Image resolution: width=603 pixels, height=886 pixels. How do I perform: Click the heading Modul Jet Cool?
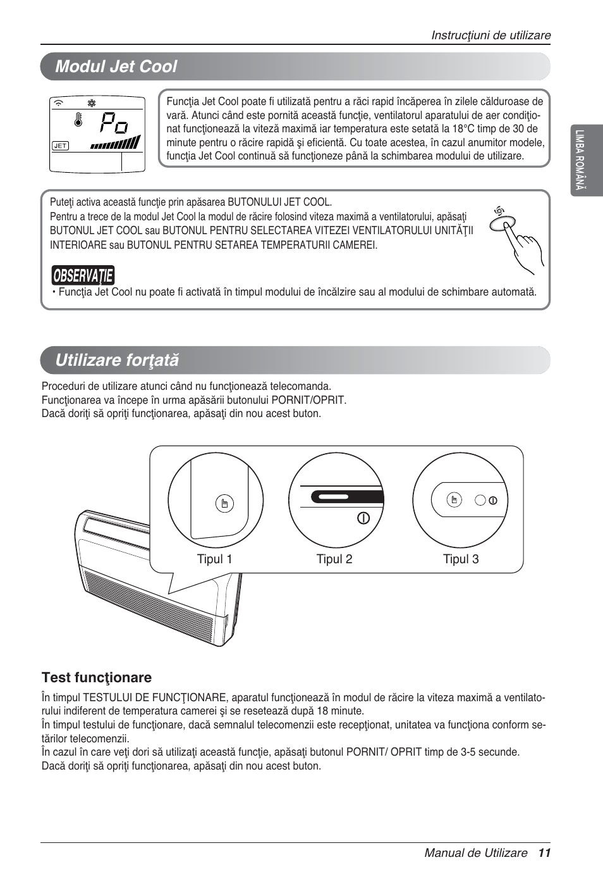tap(116, 66)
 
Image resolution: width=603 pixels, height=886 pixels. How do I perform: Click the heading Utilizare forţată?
tap(117, 360)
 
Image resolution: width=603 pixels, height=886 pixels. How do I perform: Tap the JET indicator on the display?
tap(60, 146)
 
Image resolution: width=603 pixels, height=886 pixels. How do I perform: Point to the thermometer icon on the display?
tap(78, 120)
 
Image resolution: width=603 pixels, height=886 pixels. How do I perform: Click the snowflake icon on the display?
tap(91, 103)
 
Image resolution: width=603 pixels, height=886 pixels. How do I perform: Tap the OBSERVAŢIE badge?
tap(83, 275)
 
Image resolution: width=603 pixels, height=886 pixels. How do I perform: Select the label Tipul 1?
tap(214, 559)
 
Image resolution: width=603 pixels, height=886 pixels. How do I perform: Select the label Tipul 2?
tap(334, 559)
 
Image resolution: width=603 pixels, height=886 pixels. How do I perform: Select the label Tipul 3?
tap(461, 559)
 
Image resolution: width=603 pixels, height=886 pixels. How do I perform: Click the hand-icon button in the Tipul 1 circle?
tap(224, 504)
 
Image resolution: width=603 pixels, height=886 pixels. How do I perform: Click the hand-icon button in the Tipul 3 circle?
tap(454, 500)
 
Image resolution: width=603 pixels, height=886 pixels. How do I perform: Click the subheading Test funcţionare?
tap(97, 678)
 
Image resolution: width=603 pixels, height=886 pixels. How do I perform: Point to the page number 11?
tap(545, 852)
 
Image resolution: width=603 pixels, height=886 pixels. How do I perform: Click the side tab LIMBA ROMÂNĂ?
tap(580, 160)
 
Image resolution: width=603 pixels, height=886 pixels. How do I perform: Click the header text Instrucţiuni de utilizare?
tap(490, 35)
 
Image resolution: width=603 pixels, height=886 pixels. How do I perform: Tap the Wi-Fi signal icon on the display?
tap(59, 103)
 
